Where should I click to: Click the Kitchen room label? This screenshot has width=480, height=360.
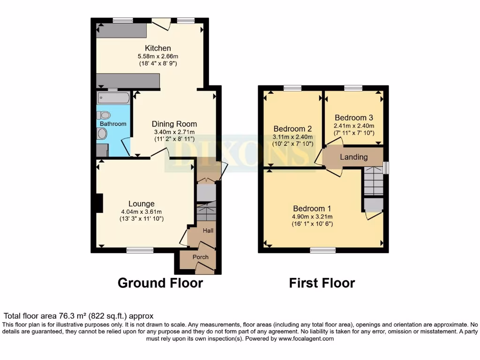[158, 48]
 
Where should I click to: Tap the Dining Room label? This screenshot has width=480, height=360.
[174, 124]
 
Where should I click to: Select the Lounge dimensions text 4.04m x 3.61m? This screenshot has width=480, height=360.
[141, 211]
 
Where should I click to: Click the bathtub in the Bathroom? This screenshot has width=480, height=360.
[113, 98]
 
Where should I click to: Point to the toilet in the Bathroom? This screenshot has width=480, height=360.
[105, 115]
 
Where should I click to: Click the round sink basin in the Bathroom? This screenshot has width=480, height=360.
[102, 134]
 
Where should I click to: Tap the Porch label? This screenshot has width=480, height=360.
[201, 257]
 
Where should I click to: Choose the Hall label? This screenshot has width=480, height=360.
[208, 231]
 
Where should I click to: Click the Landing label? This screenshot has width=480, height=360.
[353, 157]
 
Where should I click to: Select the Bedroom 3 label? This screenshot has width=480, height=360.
[354, 118]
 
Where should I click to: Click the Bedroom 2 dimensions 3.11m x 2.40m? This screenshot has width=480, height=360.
[293, 136]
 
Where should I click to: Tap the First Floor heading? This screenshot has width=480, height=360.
[322, 283]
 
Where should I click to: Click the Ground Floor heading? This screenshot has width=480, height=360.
[160, 283]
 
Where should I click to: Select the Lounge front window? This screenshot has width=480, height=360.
[140, 250]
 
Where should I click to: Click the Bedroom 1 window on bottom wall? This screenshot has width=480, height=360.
[322, 250]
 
